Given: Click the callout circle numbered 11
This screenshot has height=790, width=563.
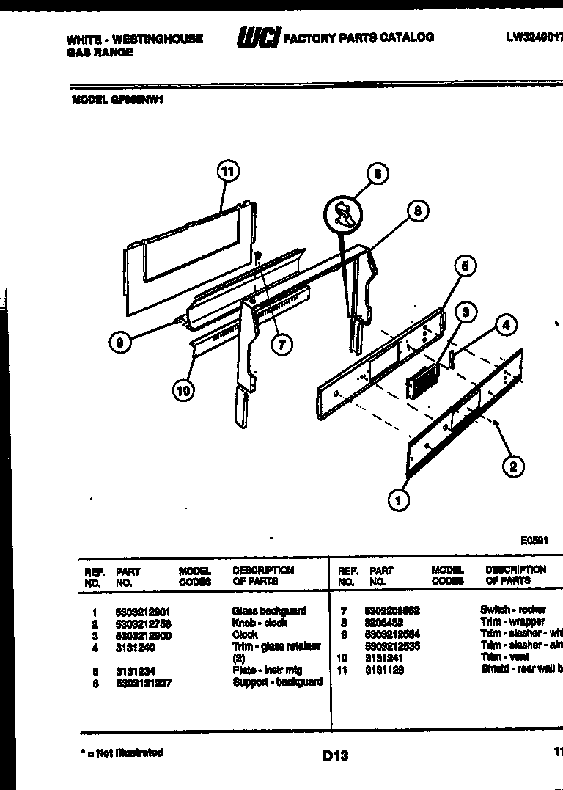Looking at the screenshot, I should pos(228,172).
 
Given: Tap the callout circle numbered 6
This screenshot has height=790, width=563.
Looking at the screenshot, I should pos(377,174).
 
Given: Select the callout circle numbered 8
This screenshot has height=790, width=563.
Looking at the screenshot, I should pos(416,211).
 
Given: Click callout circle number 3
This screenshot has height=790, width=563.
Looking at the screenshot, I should pos(466,312).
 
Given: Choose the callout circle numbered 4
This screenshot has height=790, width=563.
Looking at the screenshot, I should pos(505,324).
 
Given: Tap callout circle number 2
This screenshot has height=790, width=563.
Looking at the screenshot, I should pos(512,466).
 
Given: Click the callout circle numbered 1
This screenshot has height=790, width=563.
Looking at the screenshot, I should pos(398,501).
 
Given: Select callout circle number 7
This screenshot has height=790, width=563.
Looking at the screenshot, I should pos(281,344).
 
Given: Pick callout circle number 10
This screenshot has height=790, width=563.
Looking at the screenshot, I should pos(183,390).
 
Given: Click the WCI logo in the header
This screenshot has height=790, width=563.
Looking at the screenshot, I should pos(257,37).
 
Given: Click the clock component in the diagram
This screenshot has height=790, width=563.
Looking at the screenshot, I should pos(422,381).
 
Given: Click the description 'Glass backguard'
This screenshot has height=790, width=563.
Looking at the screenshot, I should pos(269,611).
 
